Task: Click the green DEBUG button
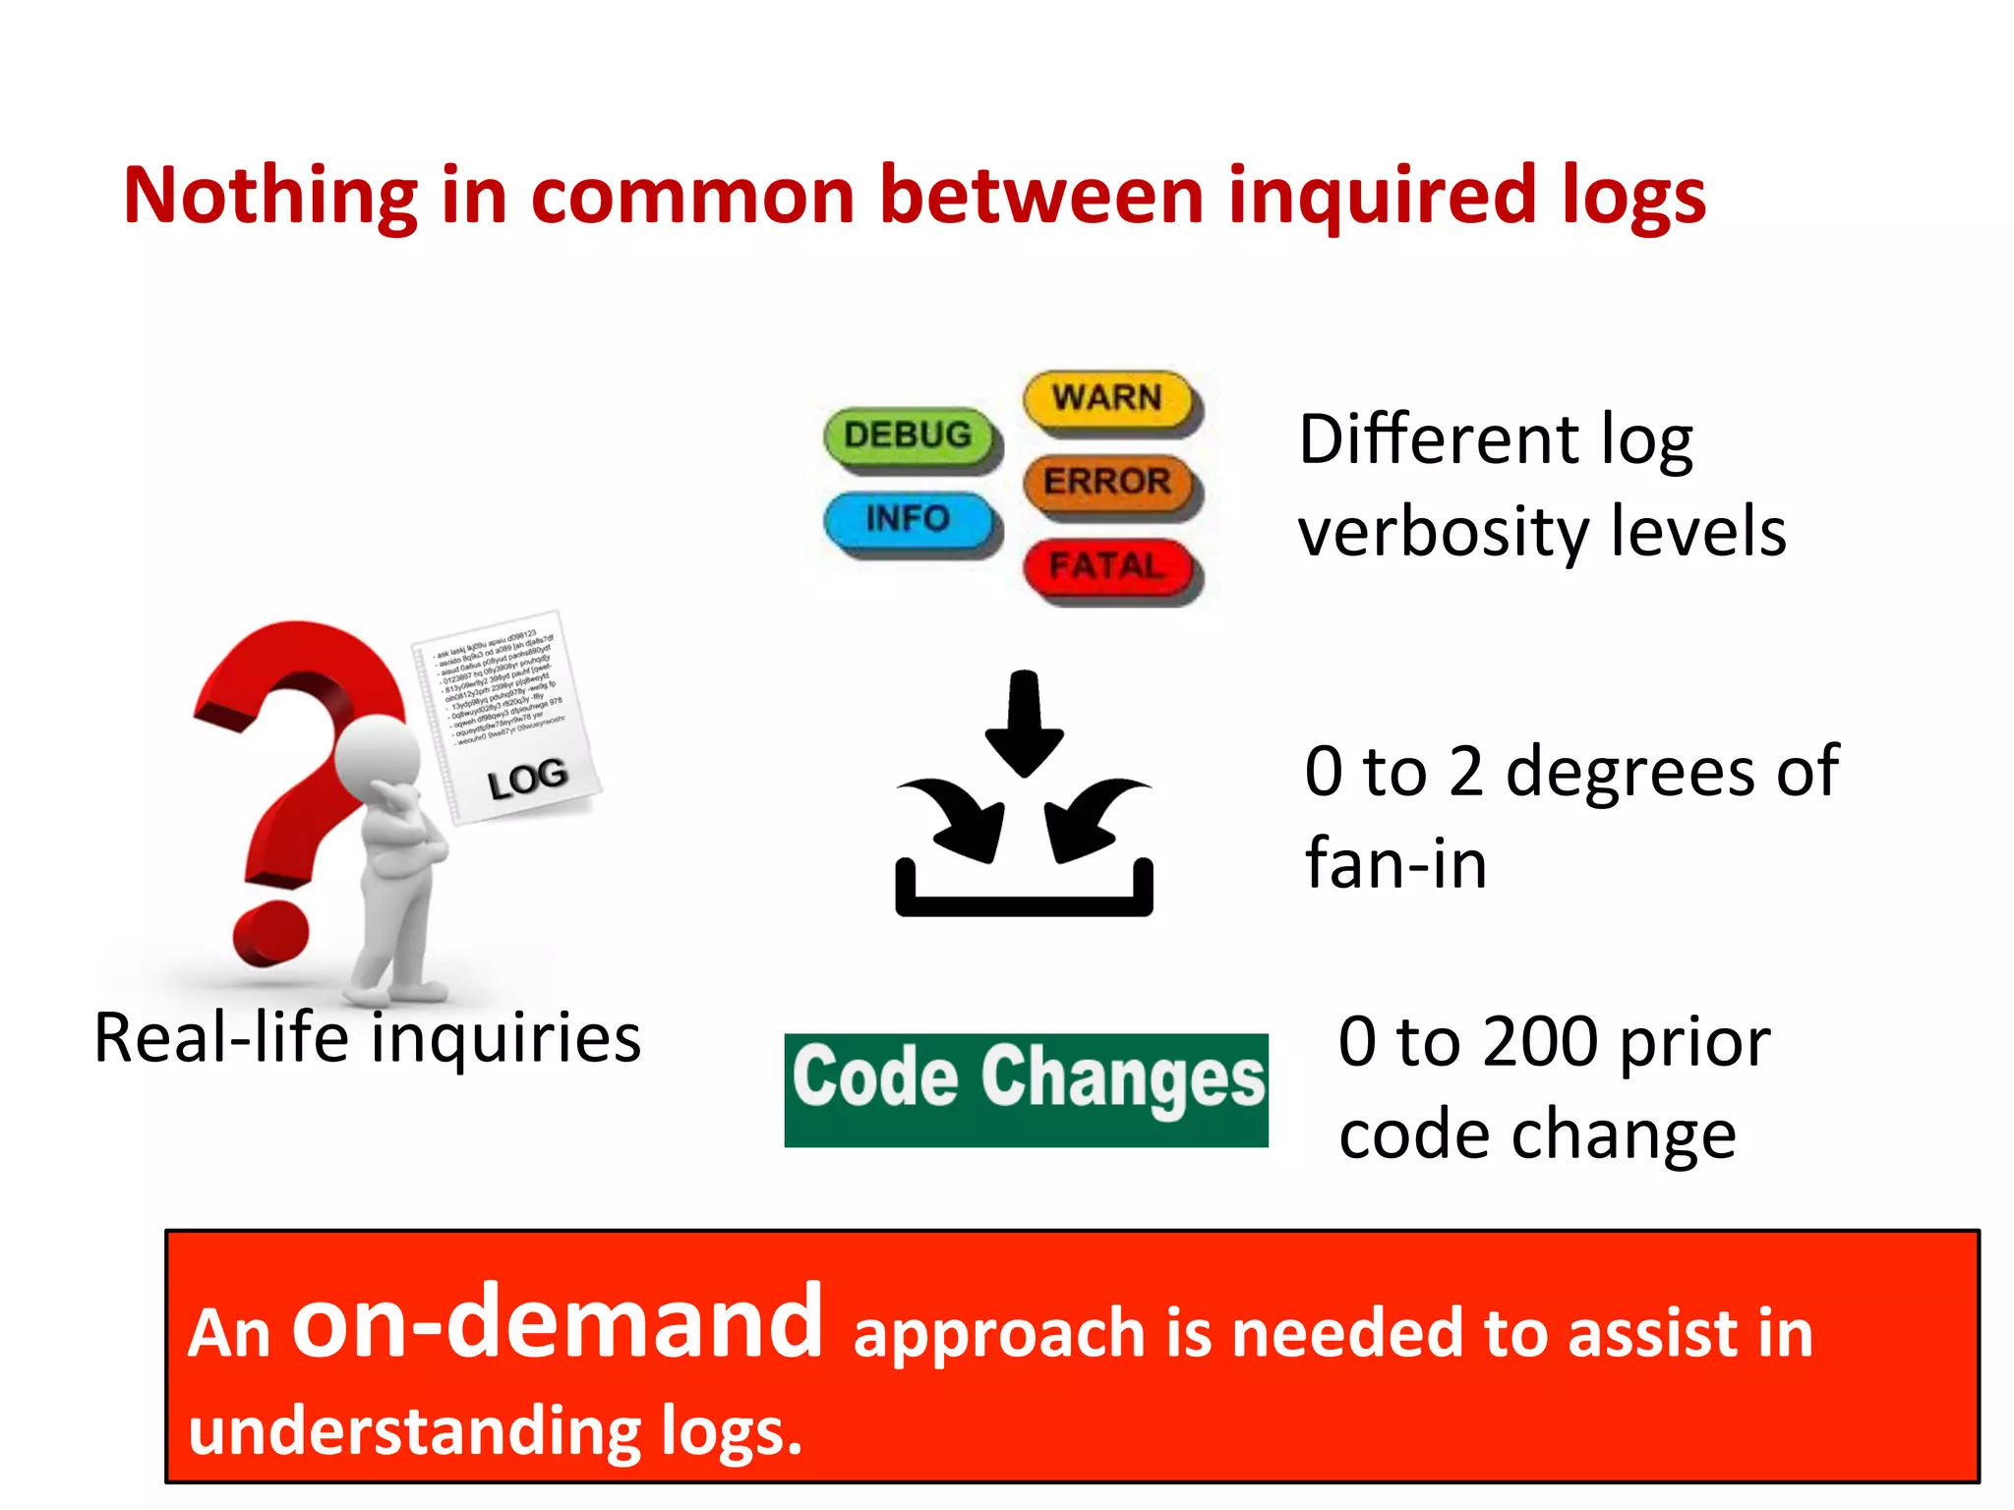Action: point(908,435)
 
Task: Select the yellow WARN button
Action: point(1107,398)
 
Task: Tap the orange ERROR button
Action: point(1107,482)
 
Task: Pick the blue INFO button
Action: point(908,518)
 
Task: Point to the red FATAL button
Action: point(1107,566)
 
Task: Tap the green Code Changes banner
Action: point(1026,1089)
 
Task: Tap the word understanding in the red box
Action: point(413,1431)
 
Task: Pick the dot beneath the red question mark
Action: point(269,934)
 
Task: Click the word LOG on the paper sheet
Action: point(527,780)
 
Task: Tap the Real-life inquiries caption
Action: point(367,1038)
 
